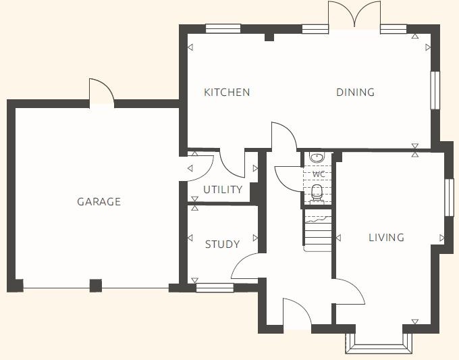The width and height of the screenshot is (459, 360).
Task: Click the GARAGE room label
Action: (99, 201)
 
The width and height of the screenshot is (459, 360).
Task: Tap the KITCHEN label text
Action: (227, 93)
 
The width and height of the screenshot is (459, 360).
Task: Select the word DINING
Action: (355, 93)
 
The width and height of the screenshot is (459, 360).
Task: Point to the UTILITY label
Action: (223, 190)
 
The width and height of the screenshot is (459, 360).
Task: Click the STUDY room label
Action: (222, 245)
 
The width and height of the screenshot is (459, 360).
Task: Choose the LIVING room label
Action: (386, 238)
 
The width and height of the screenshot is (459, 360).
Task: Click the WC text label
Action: (318, 174)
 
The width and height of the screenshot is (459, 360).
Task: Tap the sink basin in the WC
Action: (317, 158)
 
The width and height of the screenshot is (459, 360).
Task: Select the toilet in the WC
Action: (317, 192)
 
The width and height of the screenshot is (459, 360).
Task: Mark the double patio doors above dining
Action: (354, 15)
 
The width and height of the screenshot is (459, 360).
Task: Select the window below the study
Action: (215, 288)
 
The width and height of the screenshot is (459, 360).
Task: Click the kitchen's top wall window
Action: (223, 28)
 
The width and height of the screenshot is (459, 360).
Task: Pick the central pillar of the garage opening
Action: (96, 286)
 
